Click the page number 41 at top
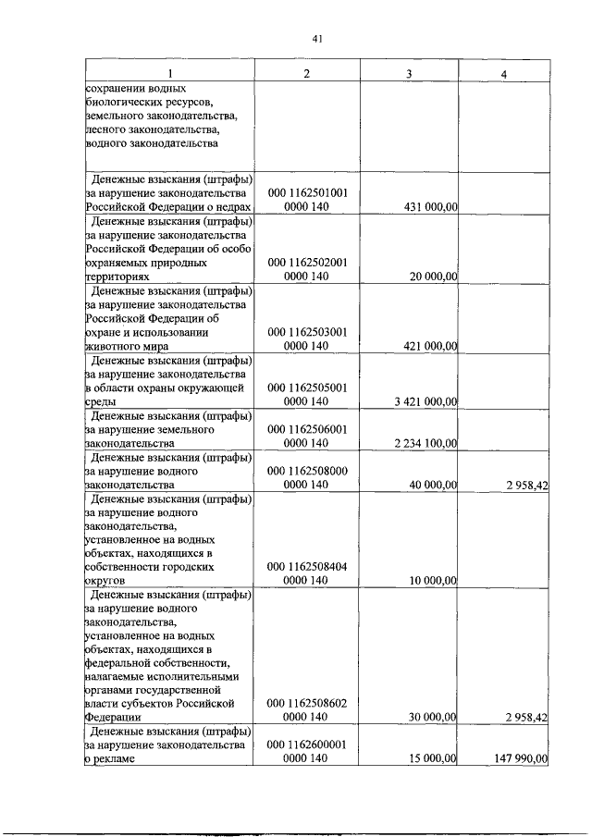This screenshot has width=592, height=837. [x=316, y=38]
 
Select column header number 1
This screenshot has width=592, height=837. [x=169, y=73]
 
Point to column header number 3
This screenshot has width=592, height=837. [x=408, y=73]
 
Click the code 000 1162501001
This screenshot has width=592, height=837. [x=307, y=193]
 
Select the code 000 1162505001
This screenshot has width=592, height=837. [x=307, y=388]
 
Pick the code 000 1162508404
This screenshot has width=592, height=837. [x=307, y=566]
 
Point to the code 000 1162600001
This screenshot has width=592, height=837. [x=307, y=745]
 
